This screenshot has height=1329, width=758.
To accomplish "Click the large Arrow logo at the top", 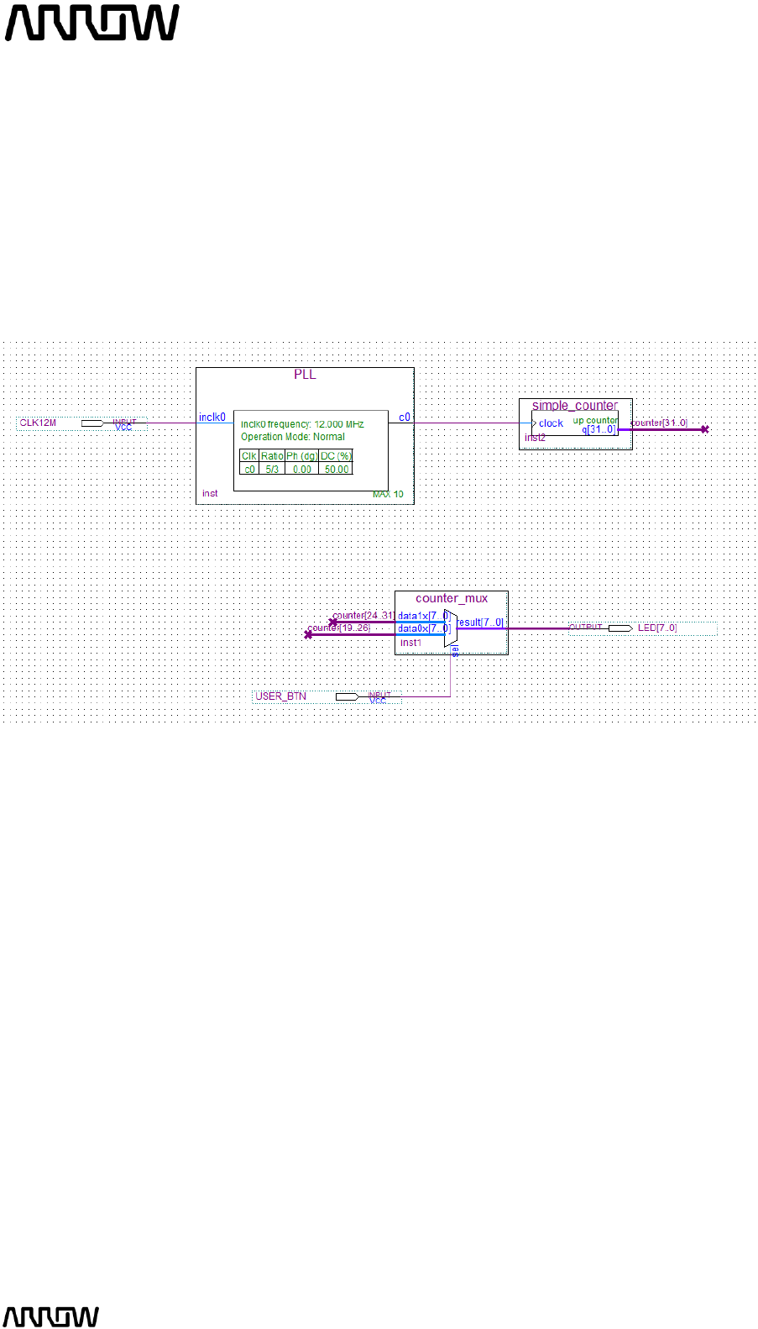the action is pyautogui.click(x=91, y=23).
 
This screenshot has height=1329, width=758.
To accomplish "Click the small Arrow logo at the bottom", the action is pyautogui.click(x=51, y=1316).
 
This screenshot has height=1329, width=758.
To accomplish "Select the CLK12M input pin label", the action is pyautogui.click(x=38, y=423).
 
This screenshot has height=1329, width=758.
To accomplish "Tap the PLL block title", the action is pyautogui.click(x=305, y=375).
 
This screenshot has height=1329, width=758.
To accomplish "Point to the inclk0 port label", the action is pyautogui.click(x=212, y=417).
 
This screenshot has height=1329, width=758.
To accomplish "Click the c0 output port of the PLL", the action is pyautogui.click(x=405, y=417).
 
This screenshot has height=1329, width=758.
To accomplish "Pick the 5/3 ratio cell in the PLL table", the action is pyautogui.click(x=272, y=470).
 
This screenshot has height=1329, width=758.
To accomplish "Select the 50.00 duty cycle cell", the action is pyautogui.click(x=337, y=470).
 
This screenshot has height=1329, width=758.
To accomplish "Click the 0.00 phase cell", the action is pyautogui.click(x=302, y=470).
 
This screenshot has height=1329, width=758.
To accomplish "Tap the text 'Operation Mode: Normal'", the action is pyautogui.click(x=293, y=437).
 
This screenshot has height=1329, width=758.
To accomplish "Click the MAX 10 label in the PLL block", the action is pyautogui.click(x=388, y=494).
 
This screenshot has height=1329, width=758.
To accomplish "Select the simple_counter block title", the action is pyautogui.click(x=575, y=405).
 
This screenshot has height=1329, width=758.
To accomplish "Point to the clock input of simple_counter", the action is pyautogui.click(x=551, y=423).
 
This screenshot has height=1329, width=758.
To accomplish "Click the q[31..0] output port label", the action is pyautogui.click(x=599, y=429).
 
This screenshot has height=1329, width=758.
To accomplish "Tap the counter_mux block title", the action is pyautogui.click(x=452, y=598).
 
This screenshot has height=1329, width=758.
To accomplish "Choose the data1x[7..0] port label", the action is pyautogui.click(x=423, y=616).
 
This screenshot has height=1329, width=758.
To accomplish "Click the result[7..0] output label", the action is pyautogui.click(x=481, y=622).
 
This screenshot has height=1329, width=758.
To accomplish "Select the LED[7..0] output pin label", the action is pyautogui.click(x=656, y=628).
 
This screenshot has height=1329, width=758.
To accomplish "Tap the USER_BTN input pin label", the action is pyautogui.click(x=280, y=696).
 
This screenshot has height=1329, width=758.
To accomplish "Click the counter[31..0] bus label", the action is pyautogui.click(x=658, y=423).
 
